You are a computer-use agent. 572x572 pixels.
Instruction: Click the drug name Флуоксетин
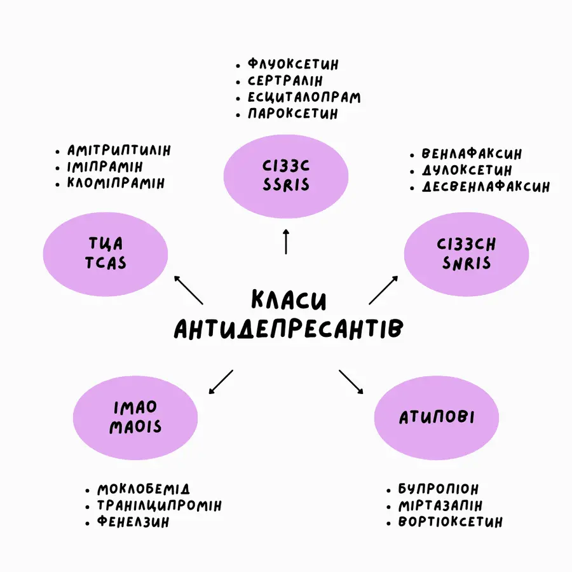coord(293,64)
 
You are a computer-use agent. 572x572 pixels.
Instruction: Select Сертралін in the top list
coord(285,81)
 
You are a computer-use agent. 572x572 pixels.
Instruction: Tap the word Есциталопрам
coord(304,97)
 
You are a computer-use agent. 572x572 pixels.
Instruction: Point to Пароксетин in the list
coord(293,114)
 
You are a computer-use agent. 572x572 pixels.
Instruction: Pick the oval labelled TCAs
coord(106,253)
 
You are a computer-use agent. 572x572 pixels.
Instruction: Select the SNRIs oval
coord(466,254)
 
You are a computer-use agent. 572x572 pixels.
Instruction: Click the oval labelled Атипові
coord(436,417)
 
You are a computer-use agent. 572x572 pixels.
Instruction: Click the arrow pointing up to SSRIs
coord(286,242)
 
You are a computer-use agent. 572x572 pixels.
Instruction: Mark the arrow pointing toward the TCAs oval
coord(189,290)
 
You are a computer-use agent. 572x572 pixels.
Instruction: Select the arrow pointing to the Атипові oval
coord(351,382)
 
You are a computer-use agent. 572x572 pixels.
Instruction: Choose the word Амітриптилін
coord(119,151)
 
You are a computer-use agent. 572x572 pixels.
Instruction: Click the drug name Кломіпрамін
coord(116,183)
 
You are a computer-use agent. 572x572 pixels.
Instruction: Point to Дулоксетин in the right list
coord(466,170)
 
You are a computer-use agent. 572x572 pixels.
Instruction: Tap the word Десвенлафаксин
coord(486,187)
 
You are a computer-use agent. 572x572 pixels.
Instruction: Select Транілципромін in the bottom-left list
coord(159,506)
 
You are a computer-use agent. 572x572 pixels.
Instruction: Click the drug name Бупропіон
coord(439,489)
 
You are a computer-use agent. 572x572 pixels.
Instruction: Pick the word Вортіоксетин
coord(450,522)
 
